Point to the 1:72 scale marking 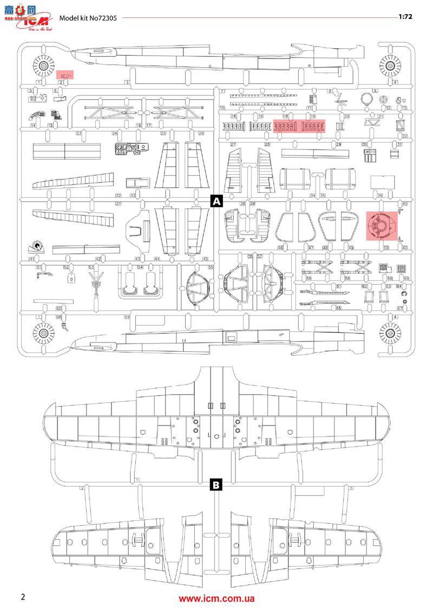(x=405, y=17)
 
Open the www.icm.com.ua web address (x=216, y=599)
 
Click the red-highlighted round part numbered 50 (x=382, y=226)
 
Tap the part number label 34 (x=312, y=195)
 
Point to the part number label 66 (x=338, y=307)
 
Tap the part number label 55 (x=211, y=267)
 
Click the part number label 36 (x=380, y=195)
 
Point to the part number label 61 (x=338, y=286)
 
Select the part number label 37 (x=118, y=203)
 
